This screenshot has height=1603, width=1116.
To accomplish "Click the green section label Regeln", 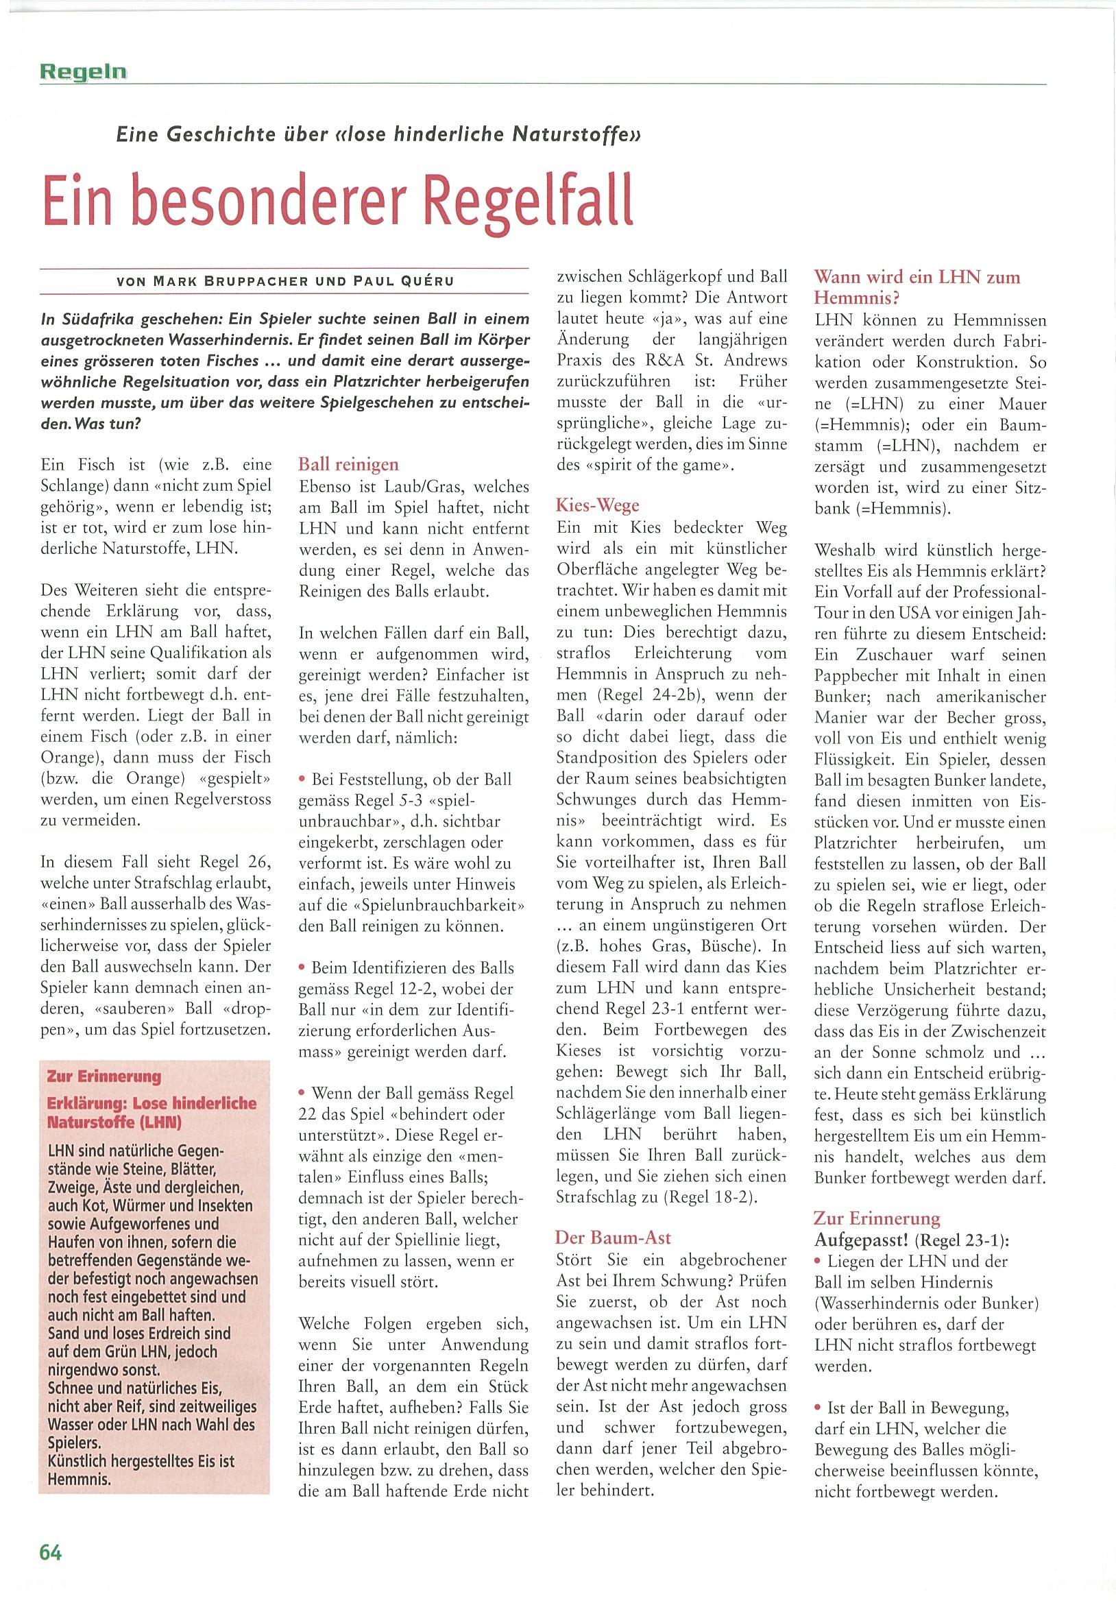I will pyautogui.click(x=83, y=71).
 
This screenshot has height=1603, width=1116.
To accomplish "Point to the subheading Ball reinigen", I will pyautogui.click(x=348, y=464).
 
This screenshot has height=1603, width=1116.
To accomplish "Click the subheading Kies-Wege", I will pyautogui.click(x=597, y=505).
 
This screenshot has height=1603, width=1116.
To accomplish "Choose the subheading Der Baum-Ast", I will pyautogui.click(x=612, y=1238).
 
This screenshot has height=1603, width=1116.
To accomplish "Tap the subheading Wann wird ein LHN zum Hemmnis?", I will pyautogui.click(x=917, y=288).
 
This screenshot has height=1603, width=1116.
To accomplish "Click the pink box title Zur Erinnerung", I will pyautogui.click(x=104, y=1076).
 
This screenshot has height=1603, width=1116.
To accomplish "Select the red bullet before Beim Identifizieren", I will pyautogui.click(x=302, y=967).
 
